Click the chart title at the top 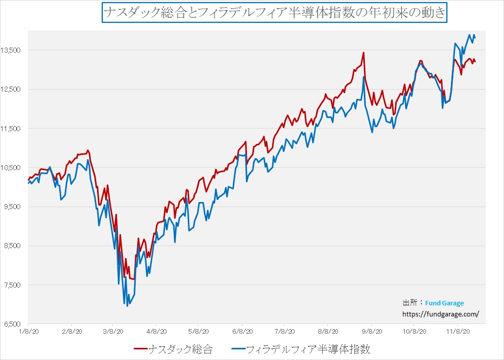coord(274,12)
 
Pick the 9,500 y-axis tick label coord(12,207)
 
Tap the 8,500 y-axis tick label coord(12,246)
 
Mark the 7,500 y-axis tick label coord(12,285)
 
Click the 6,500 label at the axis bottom coord(12,324)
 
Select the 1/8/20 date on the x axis coord(28,332)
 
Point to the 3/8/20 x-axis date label coord(113,332)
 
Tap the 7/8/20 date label coord(284,332)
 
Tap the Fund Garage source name coord(444,303)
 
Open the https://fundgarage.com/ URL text coord(440,314)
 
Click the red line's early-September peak coord(363,53)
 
